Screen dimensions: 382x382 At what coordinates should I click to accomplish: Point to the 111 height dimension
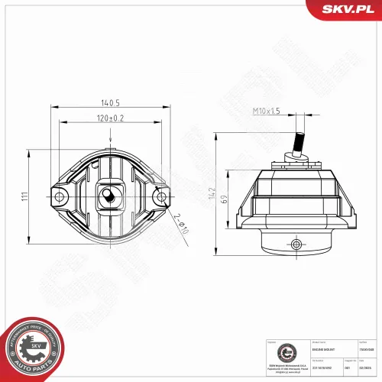point(26,197)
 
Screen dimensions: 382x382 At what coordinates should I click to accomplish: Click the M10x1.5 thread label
point(267,112)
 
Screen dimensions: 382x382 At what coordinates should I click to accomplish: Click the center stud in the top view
point(110,195)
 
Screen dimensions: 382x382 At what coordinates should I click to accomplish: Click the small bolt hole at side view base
point(296,244)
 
